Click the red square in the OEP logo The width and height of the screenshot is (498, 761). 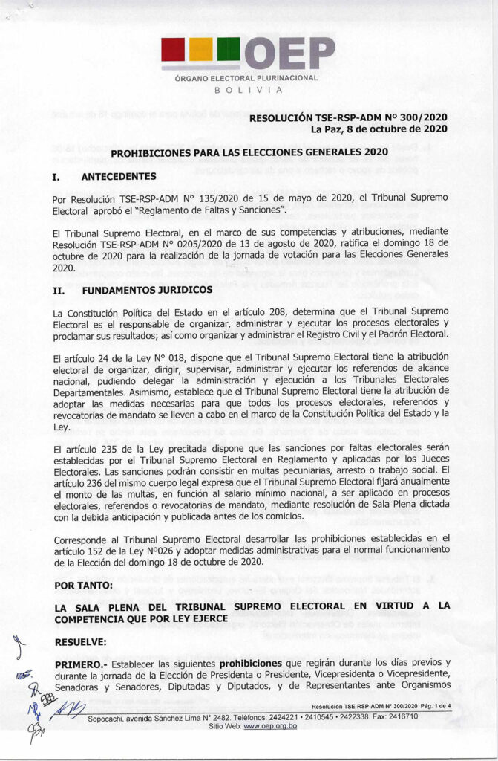coord(174,50)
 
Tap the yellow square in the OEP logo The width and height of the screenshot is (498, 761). coord(201,50)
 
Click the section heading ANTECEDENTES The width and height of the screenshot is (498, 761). coord(118,177)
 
